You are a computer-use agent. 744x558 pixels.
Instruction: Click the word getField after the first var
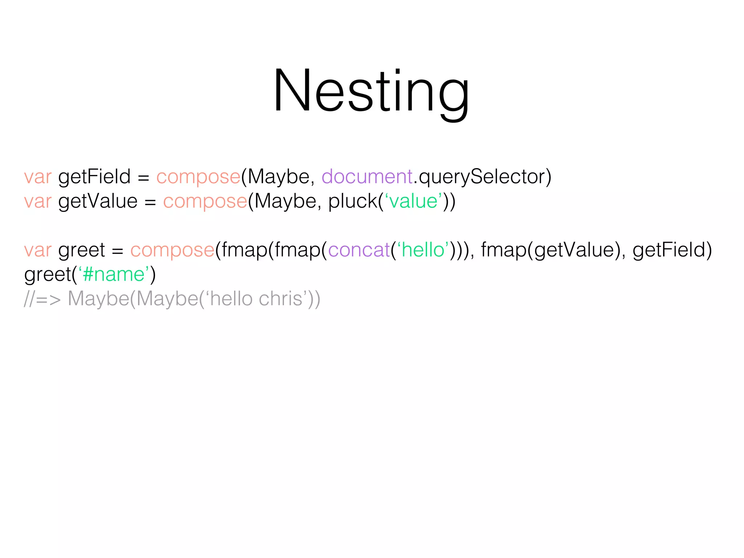(94, 177)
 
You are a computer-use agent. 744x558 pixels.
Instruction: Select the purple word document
(367, 177)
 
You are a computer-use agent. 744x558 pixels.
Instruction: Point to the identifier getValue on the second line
(98, 201)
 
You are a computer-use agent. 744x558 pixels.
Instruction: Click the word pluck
(352, 201)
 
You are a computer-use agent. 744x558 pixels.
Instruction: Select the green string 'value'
(413, 201)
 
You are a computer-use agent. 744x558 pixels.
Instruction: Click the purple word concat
(359, 250)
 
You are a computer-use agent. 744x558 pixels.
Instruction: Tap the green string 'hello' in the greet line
(423, 250)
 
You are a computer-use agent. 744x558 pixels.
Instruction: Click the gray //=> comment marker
(42, 299)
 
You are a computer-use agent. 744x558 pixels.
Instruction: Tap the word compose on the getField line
(198, 177)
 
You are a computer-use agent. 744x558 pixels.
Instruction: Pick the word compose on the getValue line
(205, 201)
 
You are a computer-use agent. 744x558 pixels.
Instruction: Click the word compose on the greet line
(172, 250)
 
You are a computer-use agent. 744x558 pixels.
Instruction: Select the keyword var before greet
(38, 250)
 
